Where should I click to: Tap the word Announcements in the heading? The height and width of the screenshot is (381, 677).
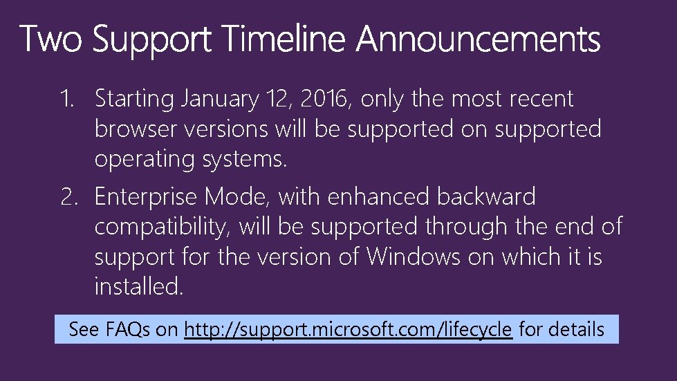[x=479, y=39]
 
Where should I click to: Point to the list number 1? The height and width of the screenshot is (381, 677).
[x=66, y=99]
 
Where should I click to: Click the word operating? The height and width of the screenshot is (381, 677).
[x=145, y=159]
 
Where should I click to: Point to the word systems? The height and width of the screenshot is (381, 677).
[x=243, y=159]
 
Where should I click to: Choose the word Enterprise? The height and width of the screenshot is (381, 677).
[x=146, y=198]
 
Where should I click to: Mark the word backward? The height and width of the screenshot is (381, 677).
[x=486, y=198]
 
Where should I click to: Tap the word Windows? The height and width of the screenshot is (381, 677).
[x=413, y=257]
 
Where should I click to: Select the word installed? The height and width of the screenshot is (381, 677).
[x=138, y=286]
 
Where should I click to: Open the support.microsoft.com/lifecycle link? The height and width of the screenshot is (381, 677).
[x=349, y=329]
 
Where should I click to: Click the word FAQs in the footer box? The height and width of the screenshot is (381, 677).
[x=127, y=329]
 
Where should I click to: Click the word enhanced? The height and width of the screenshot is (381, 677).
[x=378, y=198]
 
